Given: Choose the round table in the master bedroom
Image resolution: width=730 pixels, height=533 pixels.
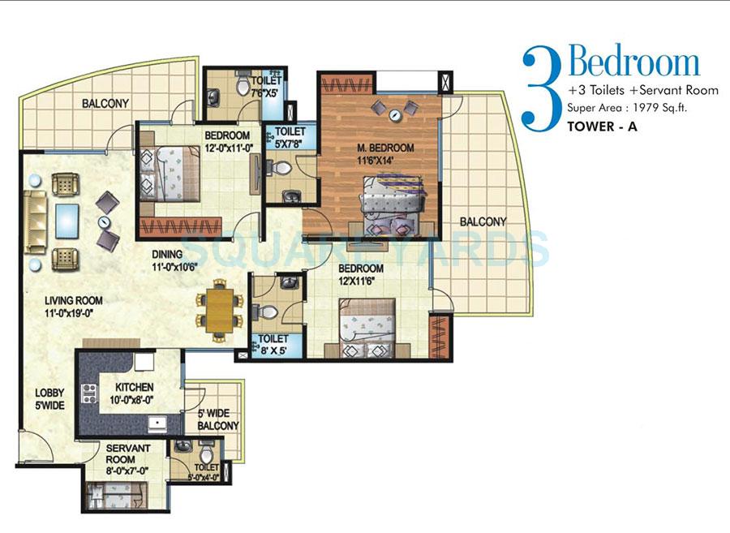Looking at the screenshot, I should click(395, 116).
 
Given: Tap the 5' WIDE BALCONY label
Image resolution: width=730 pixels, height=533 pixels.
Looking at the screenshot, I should click(218, 419).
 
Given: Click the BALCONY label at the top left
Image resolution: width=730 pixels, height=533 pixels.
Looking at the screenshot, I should click(105, 103).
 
